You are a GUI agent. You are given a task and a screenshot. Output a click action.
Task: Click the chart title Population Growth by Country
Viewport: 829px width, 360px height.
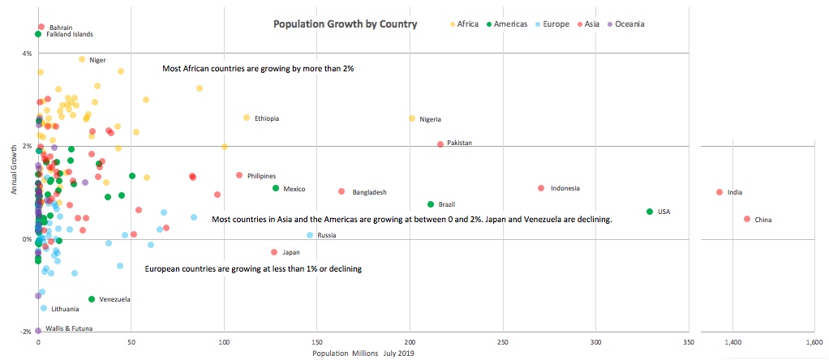pos(346,24)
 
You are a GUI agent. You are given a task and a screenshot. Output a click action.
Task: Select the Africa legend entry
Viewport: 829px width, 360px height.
pos(467,24)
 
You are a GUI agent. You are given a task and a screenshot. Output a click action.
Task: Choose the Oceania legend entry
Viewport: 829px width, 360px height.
pos(629,24)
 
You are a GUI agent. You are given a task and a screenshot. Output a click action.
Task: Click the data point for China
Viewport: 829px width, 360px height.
pos(747,219)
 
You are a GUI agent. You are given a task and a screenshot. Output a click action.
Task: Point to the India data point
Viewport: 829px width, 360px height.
pos(719,192)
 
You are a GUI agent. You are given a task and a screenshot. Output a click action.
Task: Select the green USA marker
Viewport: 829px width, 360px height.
pos(650,212)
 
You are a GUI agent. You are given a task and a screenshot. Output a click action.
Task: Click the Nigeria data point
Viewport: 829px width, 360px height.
pos(412,118)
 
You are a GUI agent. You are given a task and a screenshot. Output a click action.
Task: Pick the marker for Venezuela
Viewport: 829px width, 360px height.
pos(92,299)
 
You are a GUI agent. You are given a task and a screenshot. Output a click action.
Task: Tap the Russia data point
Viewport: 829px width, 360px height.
pos(310,235)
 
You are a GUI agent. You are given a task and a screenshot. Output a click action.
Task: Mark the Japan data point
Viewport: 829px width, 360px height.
pos(274,252)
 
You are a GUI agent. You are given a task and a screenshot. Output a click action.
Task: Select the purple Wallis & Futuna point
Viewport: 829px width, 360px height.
pos(38,330)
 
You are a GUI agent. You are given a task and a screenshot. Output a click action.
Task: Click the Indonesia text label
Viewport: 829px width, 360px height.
pos(565,189)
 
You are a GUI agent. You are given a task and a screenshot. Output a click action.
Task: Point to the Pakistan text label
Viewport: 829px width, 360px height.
pos(459,143)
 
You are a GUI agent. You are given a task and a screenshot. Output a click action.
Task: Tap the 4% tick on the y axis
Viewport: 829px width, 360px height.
pos(26,54)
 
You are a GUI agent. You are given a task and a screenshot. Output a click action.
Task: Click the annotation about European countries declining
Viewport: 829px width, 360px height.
pos(252,268)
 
